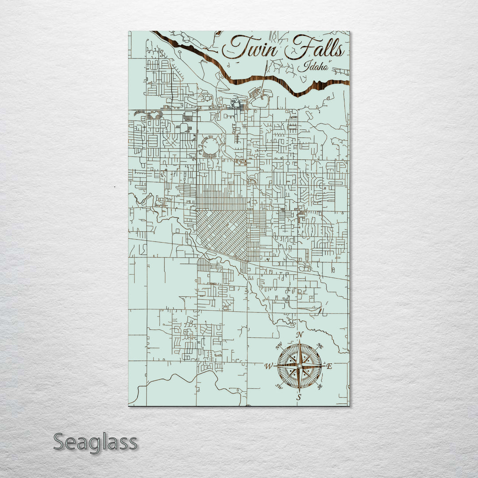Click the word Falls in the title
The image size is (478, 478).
coord(314,49)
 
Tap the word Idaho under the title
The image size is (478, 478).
coord(313,67)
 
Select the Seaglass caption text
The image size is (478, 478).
coord(95,442)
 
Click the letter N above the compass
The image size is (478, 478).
coord(300,335)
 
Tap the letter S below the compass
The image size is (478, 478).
coord(299,397)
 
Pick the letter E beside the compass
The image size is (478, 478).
coord(329,366)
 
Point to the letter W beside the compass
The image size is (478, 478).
coord(269,366)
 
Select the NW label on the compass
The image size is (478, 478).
coord(279,346)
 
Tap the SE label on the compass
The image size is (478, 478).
coord(320,386)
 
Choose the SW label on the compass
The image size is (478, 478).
coord(279,386)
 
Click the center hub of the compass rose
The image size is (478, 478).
coord(299,366)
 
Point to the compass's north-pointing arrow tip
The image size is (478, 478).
coord(300,341)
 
